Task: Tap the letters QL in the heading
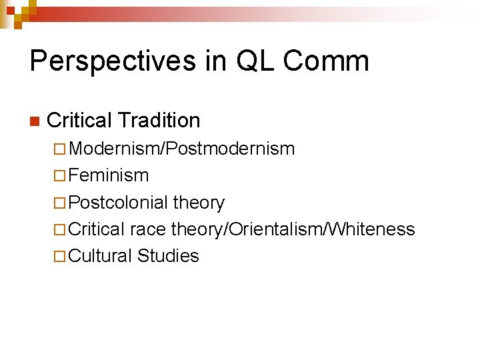pyautogui.click(x=251, y=61)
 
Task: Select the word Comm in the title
pyautogui.click(x=326, y=61)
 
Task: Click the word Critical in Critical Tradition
pyautogui.click(x=79, y=120)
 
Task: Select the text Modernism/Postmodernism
pyautogui.click(x=181, y=149)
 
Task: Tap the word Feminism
pyautogui.click(x=109, y=175)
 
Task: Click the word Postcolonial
pyautogui.click(x=118, y=202)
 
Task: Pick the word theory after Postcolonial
pyautogui.click(x=199, y=202)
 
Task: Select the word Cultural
pyautogui.click(x=101, y=256)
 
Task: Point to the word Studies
pyautogui.click(x=168, y=256)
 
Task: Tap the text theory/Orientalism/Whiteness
pyautogui.click(x=293, y=229)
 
